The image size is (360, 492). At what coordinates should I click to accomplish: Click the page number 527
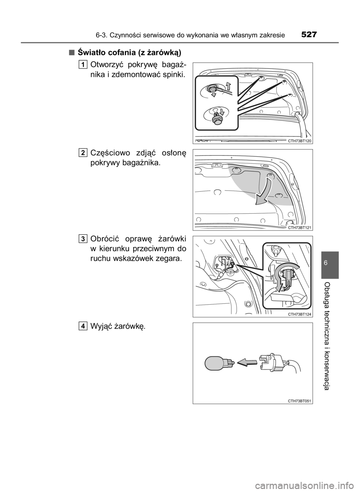point(309,34)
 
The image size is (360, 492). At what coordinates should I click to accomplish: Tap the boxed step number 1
point(83,65)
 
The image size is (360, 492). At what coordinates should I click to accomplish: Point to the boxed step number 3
point(83,239)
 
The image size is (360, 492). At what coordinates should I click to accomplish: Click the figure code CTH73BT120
point(300,141)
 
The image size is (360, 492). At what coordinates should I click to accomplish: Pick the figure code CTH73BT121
point(300,228)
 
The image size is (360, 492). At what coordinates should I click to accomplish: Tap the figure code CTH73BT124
point(300,314)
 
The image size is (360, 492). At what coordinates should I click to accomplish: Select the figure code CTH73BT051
point(300,401)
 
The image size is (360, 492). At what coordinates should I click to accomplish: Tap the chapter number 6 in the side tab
point(330,263)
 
